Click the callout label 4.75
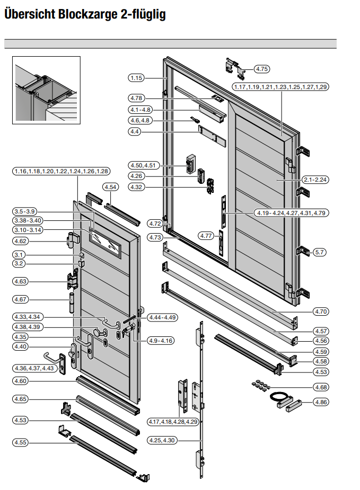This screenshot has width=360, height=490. tap(262, 69)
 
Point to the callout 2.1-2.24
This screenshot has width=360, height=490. tap(315, 180)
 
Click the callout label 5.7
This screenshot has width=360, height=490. tap(321, 252)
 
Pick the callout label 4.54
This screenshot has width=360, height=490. tap(111, 188)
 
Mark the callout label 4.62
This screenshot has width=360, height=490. tap(21, 241)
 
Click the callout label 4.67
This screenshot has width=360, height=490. tap(21, 300)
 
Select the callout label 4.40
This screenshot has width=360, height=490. tap(21, 346)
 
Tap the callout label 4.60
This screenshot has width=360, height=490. tap(21, 381)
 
